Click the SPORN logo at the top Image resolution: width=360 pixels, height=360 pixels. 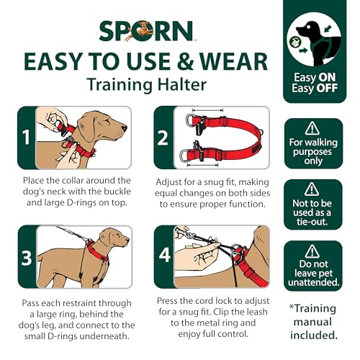pyautogui.click(x=146, y=31)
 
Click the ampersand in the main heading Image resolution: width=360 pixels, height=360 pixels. pyautogui.click(x=185, y=61)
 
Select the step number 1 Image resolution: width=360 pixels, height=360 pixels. pyautogui.click(x=26, y=138)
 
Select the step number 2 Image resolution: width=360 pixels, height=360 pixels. pyautogui.click(x=163, y=138)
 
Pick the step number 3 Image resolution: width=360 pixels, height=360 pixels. pyautogui.click(x=27, y=258)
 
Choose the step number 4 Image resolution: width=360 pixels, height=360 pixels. pyautogui.click(x=165, y=255)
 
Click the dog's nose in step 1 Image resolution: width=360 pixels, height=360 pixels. pyautogui.click(x=125, y=128)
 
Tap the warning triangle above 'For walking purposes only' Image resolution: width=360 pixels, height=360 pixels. pyautogui.click(x=312, y=128)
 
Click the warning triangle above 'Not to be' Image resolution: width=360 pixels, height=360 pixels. pyautogui.click(x=312, y=189)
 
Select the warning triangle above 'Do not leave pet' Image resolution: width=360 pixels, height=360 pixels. pyautogui.click(x=312, y=251)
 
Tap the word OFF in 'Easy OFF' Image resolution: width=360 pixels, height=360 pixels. pyautogui.click(x=327, y=88)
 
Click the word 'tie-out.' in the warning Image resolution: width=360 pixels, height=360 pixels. pyautogui.click(x=312, y=222)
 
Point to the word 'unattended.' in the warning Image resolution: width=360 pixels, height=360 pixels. pyautogui.click(x=313, y=282)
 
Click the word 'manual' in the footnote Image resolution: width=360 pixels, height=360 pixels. pyautogui.click(x=312, y=322)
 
